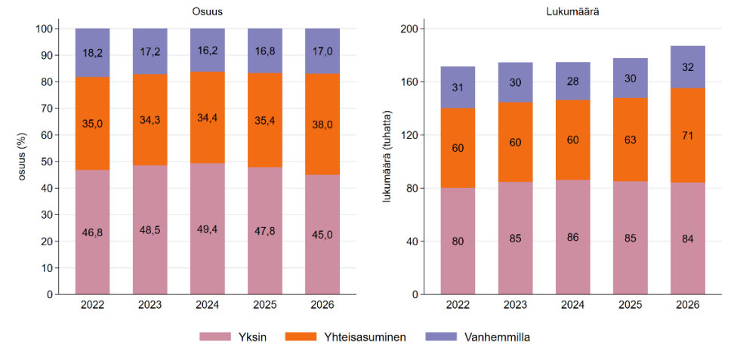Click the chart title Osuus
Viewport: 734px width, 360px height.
coord(208,13)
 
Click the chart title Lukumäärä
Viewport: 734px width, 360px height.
coord(572,13)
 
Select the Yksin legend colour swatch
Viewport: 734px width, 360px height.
coord(215,337)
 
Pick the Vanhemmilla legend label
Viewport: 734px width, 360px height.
coord(497,337)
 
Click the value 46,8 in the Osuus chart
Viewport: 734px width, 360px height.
coord(93,232)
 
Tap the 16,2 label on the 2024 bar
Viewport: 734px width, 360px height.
coord(208,50)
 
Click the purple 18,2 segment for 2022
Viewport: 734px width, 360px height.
coord(93,53)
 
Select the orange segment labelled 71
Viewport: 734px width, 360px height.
coord(688,135)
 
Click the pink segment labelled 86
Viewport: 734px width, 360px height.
coord(573,237)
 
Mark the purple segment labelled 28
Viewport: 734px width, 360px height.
coord(573,81)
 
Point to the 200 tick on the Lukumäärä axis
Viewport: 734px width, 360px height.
coord(409,29)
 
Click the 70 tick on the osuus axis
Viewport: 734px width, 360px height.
coord(48,109)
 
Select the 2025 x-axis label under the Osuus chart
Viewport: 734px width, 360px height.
coord(265,305)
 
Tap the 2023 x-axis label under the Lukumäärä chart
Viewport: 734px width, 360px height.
coord(516,305)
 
